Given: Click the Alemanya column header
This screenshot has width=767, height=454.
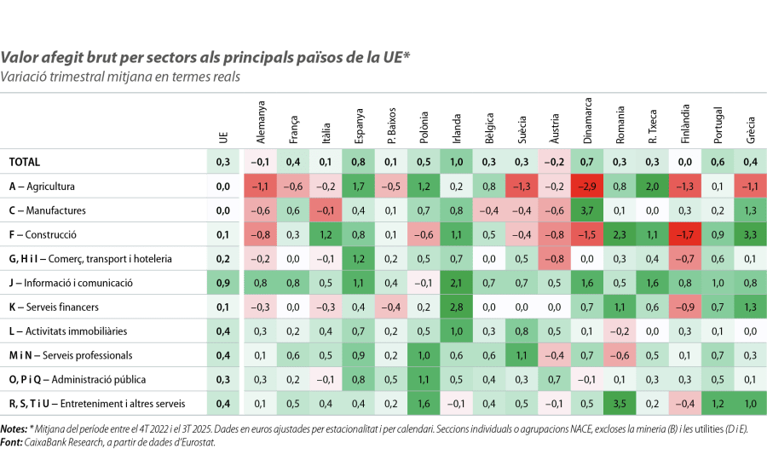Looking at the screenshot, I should (262, 121).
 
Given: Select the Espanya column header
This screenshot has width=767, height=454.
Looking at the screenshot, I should (359, 124).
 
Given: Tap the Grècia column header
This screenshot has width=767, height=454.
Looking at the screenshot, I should (750, 128).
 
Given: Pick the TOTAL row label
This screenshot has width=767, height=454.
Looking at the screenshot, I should (25, 162).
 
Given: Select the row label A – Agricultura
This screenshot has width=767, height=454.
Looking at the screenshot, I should (43, 186).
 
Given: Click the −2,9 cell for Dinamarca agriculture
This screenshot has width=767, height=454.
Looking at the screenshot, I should (587, 186).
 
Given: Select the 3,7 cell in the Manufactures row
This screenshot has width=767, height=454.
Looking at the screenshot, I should (587, 210).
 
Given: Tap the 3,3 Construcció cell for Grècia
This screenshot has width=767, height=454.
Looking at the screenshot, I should (750, 234).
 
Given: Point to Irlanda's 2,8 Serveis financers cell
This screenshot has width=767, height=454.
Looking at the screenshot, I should (457, 306).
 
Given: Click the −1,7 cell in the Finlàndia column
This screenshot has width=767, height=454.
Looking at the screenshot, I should (685, 234).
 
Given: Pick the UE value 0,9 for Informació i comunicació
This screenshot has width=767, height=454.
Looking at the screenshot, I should (223, 282).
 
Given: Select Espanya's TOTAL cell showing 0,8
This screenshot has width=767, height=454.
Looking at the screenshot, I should (359, 162).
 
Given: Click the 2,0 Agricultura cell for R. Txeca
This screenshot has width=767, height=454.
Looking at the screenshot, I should (652, 186).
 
